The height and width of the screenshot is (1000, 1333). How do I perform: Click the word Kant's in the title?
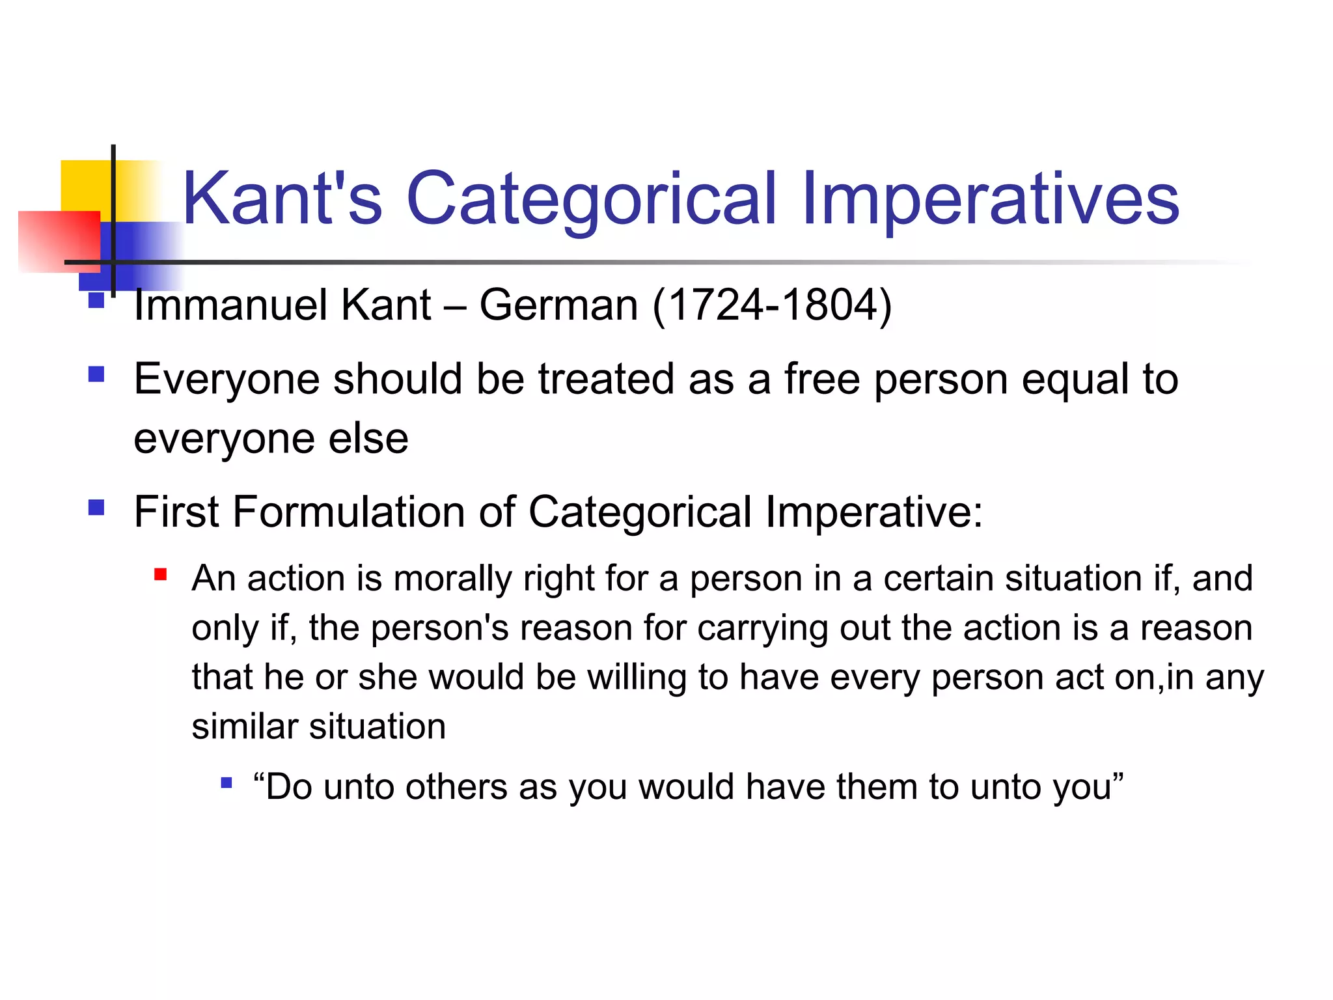point(282,199)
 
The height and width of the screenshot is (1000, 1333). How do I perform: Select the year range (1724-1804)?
point(772,305)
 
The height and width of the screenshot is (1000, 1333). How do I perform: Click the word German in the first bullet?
point(558,305)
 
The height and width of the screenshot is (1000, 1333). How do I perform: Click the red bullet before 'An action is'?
point(160,575)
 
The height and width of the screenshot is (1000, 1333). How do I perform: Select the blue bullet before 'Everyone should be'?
point(96,374)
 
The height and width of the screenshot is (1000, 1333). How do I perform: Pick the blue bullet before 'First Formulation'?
point(96,507)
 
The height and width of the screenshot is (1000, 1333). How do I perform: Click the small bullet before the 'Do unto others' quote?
point(226,783)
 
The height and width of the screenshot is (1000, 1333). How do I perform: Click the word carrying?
point(762,628)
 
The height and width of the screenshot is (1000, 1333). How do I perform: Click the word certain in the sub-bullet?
point(939,578)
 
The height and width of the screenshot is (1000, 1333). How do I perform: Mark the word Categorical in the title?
point(591,199)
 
